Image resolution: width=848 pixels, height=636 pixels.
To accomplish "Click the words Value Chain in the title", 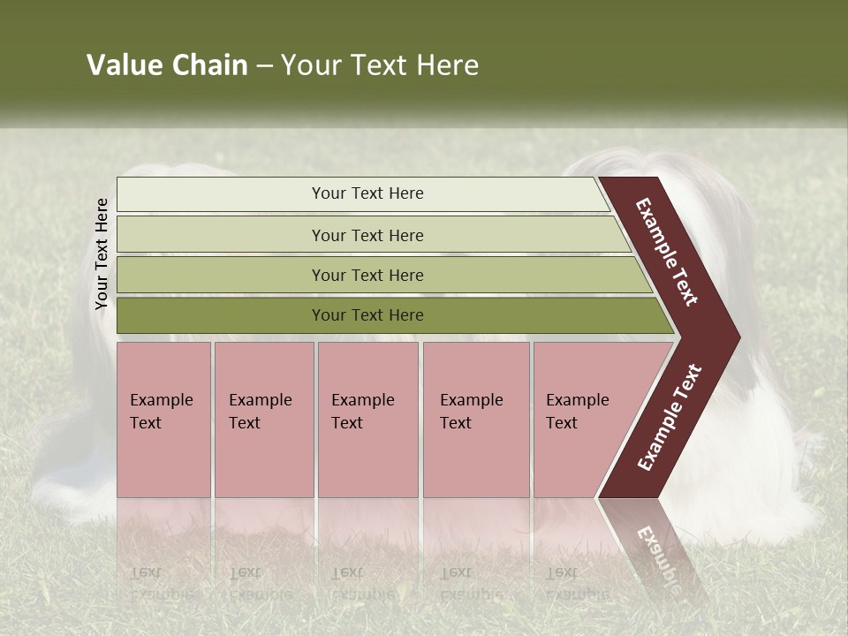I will point(167,65).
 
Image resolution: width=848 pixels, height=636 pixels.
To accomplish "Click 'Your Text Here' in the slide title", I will point(380,65).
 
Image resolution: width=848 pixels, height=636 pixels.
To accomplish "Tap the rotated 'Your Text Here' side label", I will point(102,254).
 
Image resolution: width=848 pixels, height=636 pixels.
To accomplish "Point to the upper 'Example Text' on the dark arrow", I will point(667,252).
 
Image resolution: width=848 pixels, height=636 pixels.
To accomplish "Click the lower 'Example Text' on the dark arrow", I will point(670,417).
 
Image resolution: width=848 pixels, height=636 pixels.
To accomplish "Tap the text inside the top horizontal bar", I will point(367,193).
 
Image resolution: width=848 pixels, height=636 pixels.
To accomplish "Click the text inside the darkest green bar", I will point(367,315).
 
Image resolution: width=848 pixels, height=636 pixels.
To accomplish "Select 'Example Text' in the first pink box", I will point(161,412).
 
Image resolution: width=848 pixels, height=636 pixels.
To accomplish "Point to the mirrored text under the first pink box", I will point(161,583).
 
